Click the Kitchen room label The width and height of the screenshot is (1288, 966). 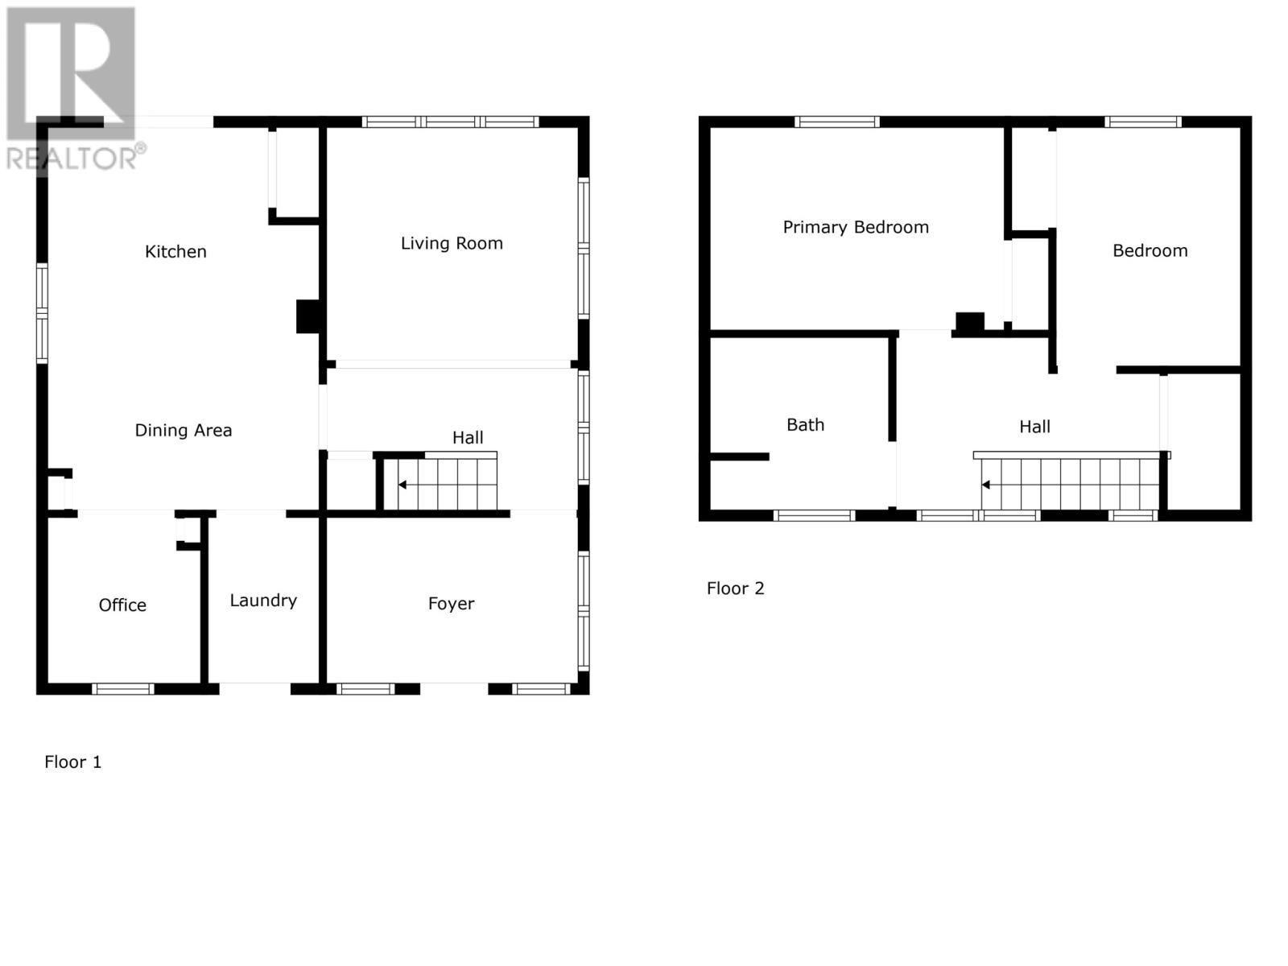tap(175, 252)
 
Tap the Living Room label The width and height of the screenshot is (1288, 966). tap(452, 243)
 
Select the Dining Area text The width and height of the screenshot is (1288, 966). tap(183, 431)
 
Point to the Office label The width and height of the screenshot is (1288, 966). tap(122, 605)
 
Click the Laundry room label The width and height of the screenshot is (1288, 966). tap(263, 601)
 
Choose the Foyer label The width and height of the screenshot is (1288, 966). tap(451, 604)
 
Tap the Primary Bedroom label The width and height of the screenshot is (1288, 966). tap(856, 228)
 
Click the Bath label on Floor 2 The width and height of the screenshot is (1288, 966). tap(805, 425)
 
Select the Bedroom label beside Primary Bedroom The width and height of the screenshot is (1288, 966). tap(1150, 251)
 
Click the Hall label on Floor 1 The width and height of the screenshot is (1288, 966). tap(468, 438)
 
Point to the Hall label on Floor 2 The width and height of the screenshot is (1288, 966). tap(1034, 427)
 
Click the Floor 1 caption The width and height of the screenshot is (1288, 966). tap(73, 762)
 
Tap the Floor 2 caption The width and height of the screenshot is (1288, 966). tap(735, 588)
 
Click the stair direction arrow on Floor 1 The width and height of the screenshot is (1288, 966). tap(402, 485)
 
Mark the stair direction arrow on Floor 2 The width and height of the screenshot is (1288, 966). tap(985, 485)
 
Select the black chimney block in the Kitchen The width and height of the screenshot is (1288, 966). tap(308, 316)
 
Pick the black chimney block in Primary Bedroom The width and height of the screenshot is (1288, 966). tap(969, 322)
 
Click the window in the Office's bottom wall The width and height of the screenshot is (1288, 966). tap(122, 689)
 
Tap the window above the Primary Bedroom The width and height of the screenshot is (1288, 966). tap(836, 122)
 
